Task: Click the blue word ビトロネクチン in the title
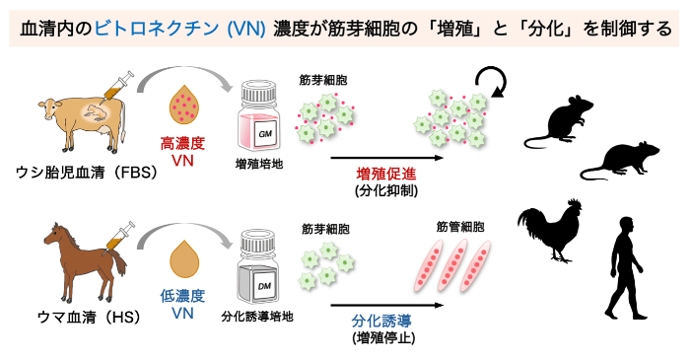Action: coord(156,29)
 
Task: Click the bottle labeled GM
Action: coord(260,115)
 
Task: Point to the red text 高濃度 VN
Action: coord(182,152)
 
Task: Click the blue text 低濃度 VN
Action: coord(182,304)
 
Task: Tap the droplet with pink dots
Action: coord(184,107)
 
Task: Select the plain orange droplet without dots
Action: coord(184,258)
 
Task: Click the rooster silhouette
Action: coord(550,231)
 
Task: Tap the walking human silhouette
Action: coord(624,268)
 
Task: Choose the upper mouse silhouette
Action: coord(560,122)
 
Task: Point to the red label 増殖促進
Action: coord(386,174)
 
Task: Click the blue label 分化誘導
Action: coord(381,321)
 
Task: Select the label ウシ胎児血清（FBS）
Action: coord(87,172)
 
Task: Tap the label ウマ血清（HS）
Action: coord(90,317)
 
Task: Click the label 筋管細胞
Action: coord(460,227)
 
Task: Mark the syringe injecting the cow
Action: coord(115,87)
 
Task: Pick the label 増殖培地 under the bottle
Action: coord(259,165)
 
